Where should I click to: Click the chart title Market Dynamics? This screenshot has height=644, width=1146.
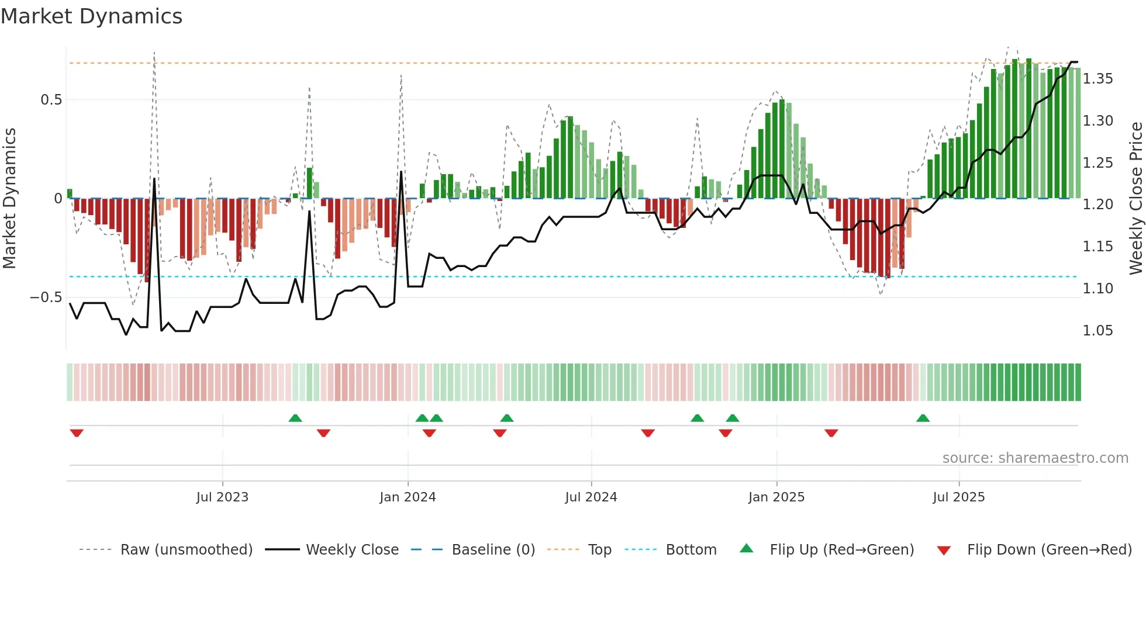coord(91,16)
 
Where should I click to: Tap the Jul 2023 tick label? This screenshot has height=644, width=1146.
coord(222,497)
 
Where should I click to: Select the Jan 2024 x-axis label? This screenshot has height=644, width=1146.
coord(408,497)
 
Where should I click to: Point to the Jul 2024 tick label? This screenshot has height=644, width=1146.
coord(591,497)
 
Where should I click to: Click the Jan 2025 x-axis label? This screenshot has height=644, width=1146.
coord(776,497)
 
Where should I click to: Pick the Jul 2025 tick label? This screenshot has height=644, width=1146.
coord(958,497)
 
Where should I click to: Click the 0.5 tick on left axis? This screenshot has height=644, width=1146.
coord(51,100)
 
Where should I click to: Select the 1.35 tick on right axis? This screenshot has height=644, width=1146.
coord(1097,79)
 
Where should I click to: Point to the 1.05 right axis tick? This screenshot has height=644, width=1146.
coord(1097,331)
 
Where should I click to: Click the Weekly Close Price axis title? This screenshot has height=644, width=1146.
coord(1135,198)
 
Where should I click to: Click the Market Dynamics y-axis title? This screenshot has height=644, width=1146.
coord(9,198)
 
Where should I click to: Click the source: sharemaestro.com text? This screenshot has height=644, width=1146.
coord(1035,458)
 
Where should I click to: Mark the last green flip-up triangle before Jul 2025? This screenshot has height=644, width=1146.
coord(923,418)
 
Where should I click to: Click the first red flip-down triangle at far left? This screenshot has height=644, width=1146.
coord(77,433)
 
